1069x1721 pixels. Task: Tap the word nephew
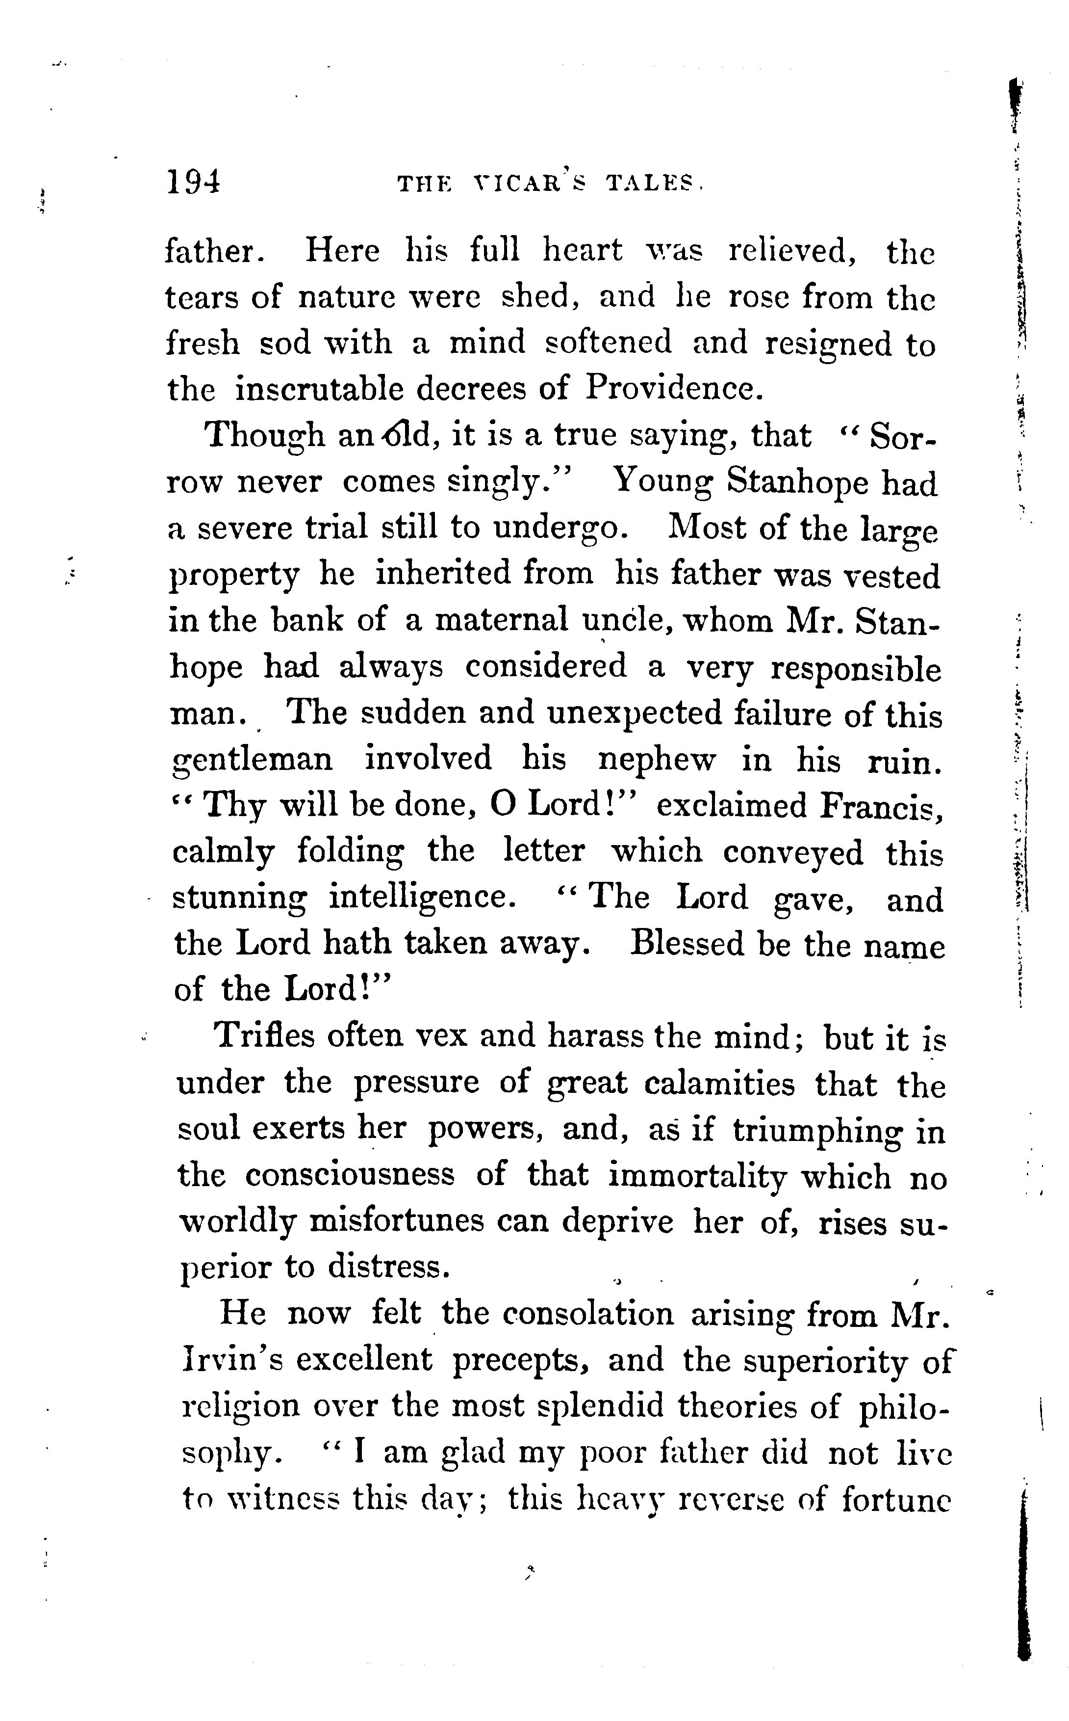[657, 760]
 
